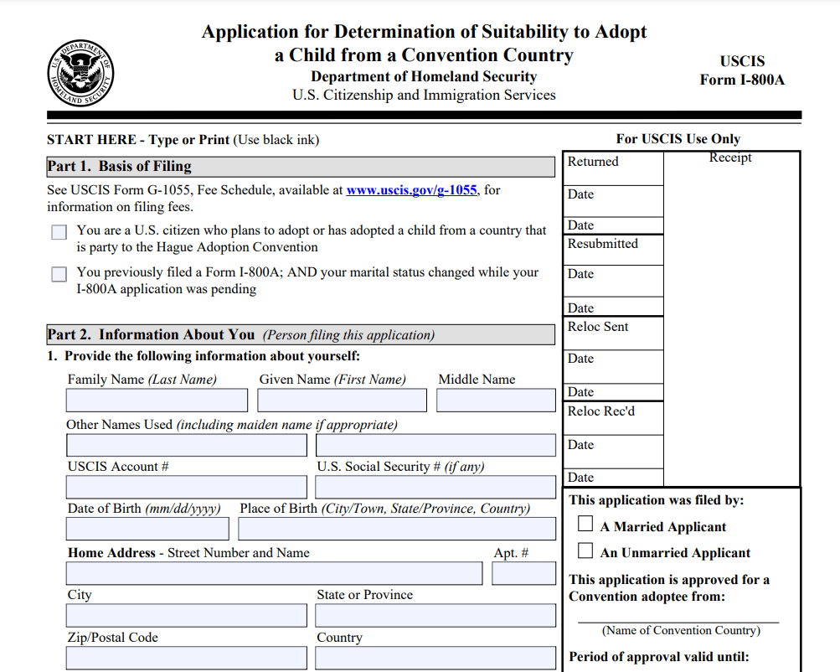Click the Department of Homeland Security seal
80,73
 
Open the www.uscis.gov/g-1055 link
411,190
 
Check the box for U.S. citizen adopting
59,232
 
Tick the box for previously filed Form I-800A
59,274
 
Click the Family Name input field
157,401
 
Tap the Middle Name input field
496,401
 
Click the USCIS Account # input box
187,487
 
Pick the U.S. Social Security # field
435,487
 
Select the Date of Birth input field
147,529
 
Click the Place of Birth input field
397,529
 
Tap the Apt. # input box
523,573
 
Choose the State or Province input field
435,616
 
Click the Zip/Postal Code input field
187,658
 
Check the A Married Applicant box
586,525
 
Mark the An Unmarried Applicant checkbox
586,551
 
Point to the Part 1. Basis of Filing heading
120,167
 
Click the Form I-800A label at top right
742,80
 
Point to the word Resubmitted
603,244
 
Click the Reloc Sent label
598,327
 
